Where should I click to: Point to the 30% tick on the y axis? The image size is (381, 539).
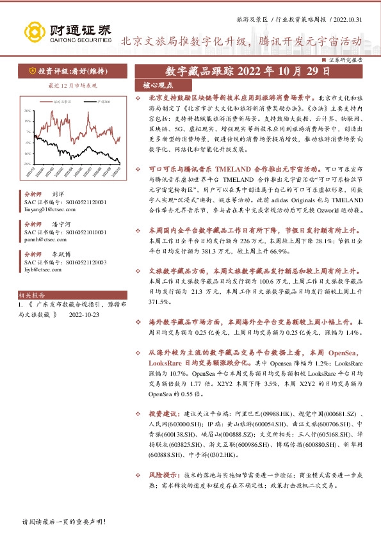pos(28,111)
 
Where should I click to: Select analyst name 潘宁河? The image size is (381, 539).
pos(62,224)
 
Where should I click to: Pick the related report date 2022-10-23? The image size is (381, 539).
pos(85,315)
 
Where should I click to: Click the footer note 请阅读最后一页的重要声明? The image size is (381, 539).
pos(63,522)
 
